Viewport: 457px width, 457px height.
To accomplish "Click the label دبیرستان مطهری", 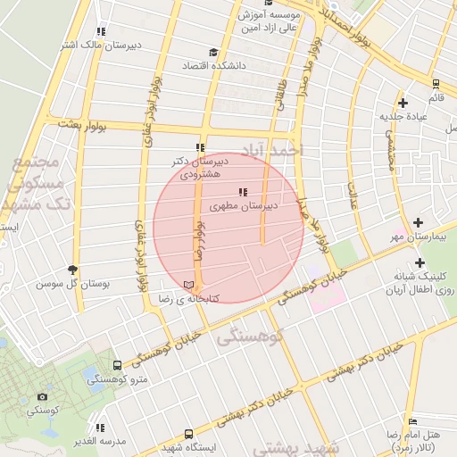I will point(245,206).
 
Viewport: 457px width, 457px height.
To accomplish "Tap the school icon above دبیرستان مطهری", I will point(242,192).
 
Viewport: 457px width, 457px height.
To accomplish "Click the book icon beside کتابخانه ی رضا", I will point(187,285).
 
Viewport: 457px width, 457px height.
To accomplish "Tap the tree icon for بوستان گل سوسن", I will point(72,270).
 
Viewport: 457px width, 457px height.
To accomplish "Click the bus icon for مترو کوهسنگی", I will point(117,365).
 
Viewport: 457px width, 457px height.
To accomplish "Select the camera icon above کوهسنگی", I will point(42,396).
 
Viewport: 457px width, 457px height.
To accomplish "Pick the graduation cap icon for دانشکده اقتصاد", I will point(212,53).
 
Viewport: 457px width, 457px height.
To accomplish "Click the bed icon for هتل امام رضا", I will point(411,421).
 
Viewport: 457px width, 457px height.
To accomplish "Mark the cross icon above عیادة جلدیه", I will point(403,103).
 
